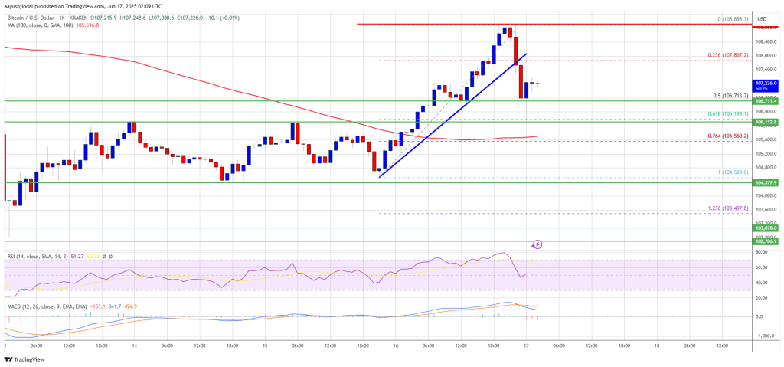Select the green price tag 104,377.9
point(766,183)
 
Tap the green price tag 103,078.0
point(766,228)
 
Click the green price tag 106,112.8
point(766,122)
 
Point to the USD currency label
point(762,19)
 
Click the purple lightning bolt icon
point(537,245)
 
